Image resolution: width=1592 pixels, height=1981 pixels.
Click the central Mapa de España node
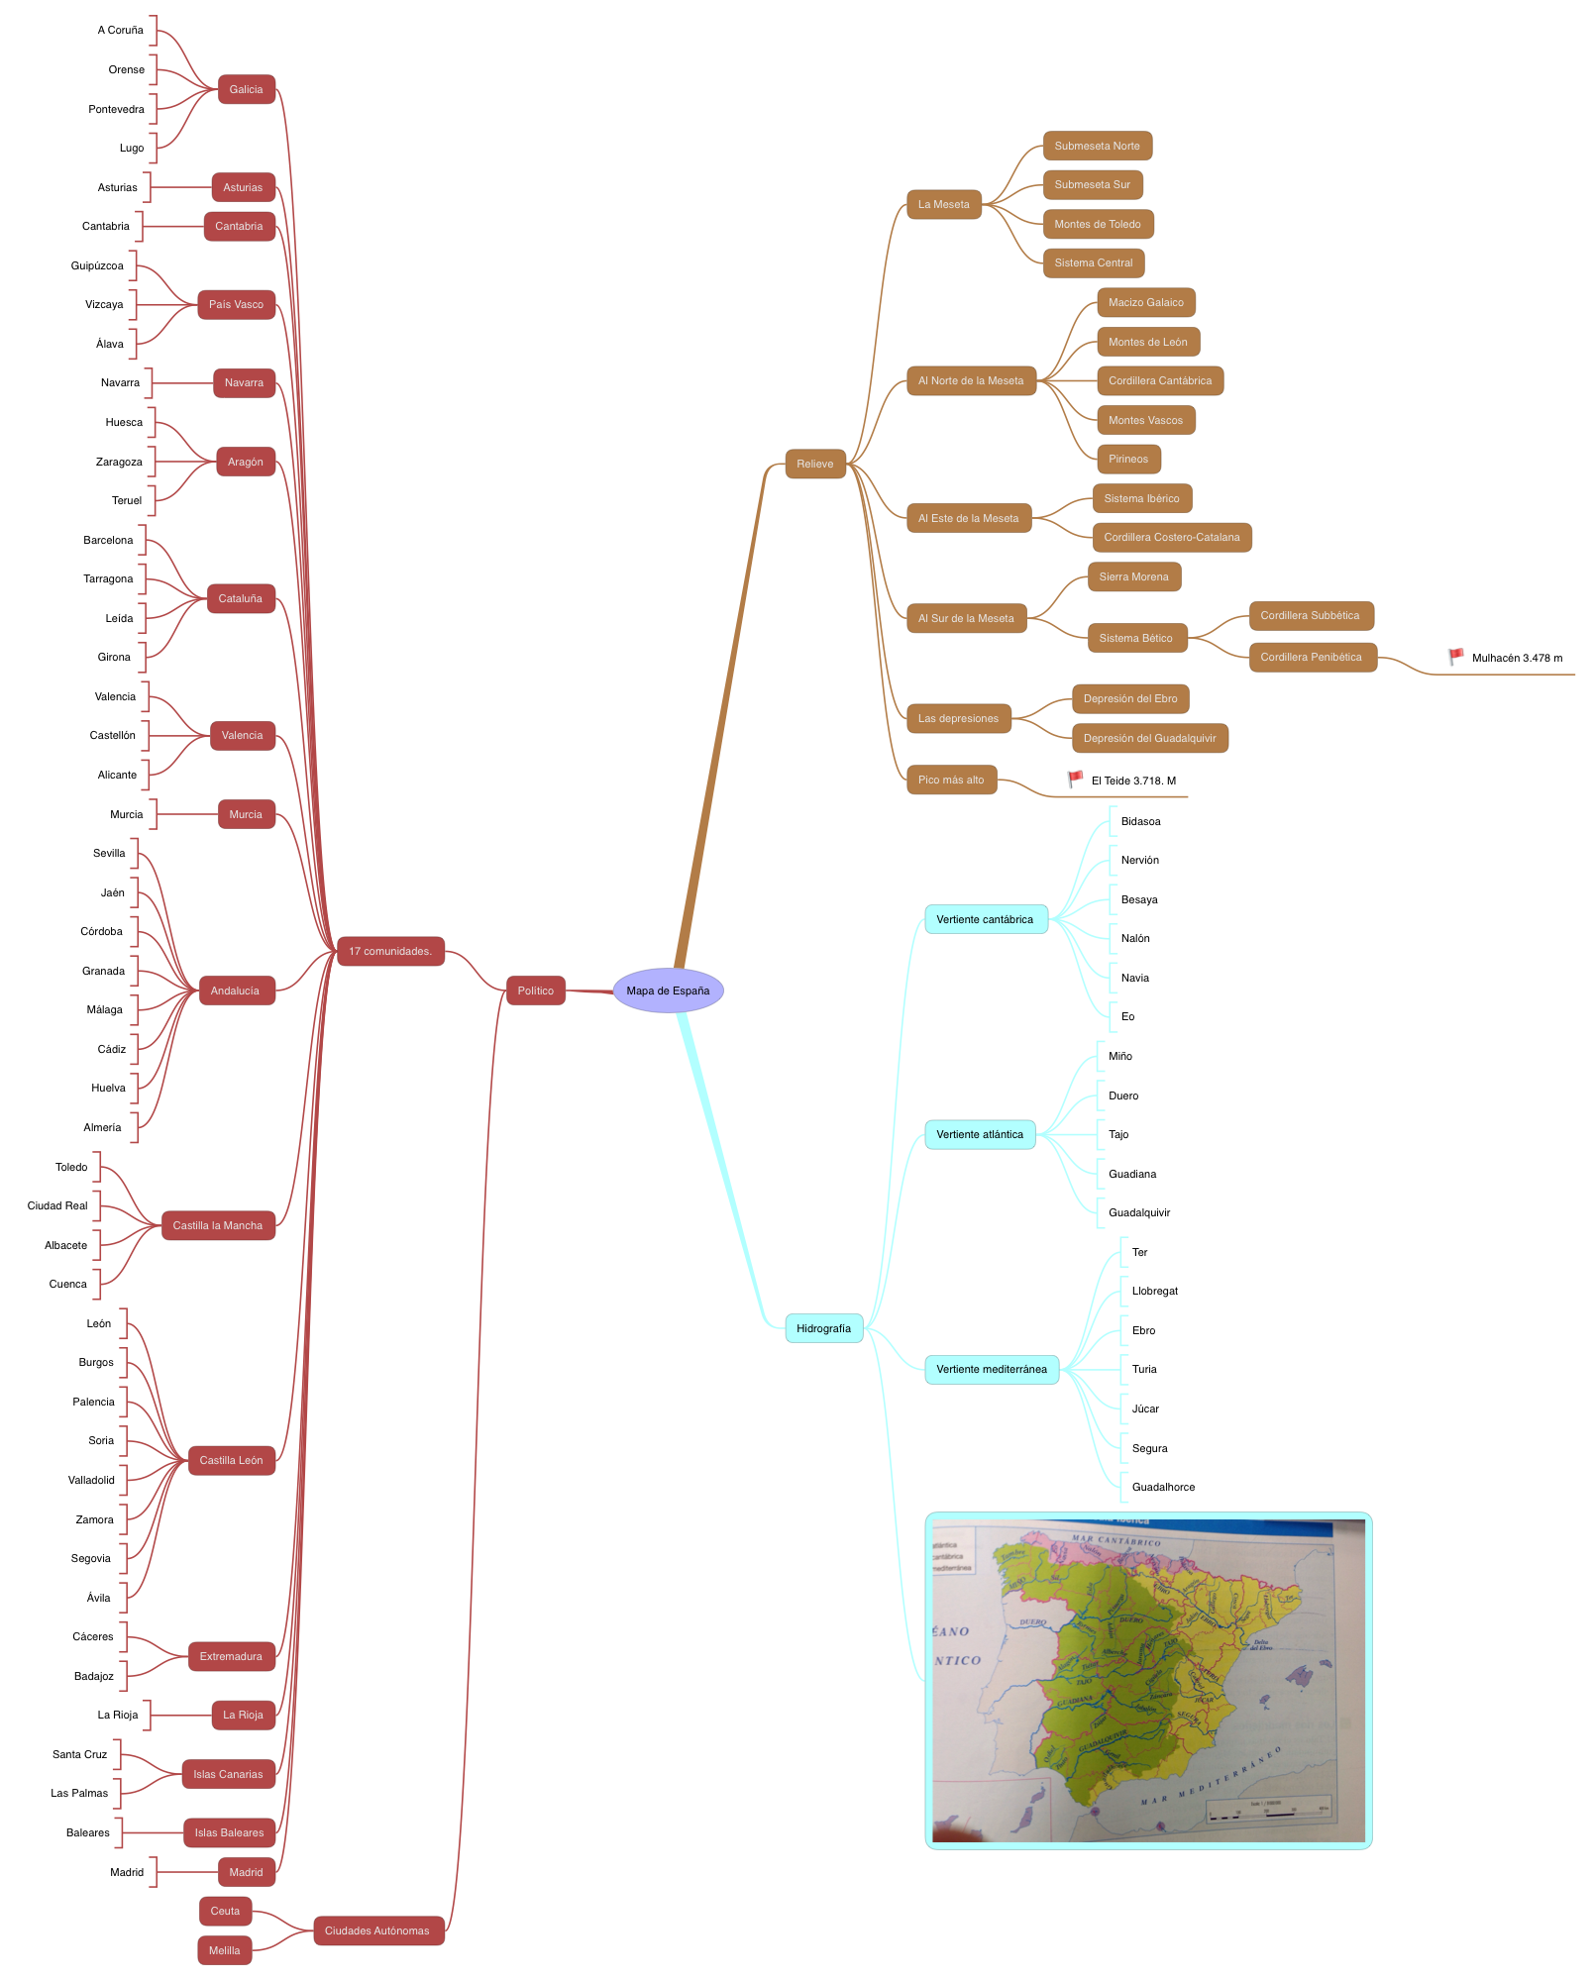coord(668,990)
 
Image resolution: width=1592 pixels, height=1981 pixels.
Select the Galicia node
coord(246,89)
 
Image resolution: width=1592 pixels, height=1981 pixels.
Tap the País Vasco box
coord(236,304)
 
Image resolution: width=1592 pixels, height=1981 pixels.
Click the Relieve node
coord(815,464)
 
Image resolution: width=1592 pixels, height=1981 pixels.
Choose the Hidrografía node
coord(823,1328)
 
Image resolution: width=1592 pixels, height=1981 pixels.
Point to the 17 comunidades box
coord(390,951)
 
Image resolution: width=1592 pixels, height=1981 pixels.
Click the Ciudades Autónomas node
coord(377,1930)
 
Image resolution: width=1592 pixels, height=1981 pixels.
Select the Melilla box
coord(225,1950)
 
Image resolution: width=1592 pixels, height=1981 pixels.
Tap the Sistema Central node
coord(1094,262)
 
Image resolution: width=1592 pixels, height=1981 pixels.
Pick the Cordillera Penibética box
coord(1312,657)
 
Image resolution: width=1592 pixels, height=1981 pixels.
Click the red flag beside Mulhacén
coord(1456,656)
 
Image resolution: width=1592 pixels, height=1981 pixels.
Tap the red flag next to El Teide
coord(1076,779)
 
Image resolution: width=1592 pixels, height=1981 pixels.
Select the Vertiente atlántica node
coord(980,1134)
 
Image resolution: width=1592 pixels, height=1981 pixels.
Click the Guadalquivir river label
coord(1139,1212)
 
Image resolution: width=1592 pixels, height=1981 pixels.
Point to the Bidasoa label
coord(1140,821)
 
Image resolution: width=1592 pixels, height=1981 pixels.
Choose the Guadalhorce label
coord(1163,1487)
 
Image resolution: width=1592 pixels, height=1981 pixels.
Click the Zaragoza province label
coord(119,462)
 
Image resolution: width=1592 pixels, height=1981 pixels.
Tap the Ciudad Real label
coord(57,1205)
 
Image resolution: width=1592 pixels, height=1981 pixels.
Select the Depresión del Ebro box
coord(1130,698)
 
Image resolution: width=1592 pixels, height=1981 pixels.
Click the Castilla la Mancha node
coord(218,1225)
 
